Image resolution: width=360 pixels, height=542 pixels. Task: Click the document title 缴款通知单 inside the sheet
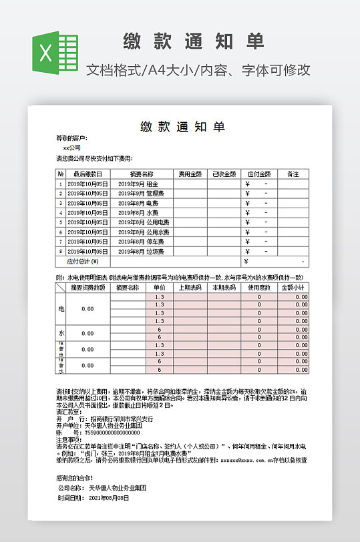tap(182, 126)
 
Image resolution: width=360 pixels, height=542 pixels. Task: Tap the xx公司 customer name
tap(72, 148)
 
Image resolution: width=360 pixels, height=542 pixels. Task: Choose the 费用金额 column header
tap(190, 174)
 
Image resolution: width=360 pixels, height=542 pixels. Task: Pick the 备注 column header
tap(293, 174)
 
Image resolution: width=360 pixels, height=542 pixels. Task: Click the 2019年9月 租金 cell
tap(138, 184)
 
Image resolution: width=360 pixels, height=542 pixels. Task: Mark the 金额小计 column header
tap(293, 288)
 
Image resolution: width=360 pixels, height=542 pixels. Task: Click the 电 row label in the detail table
tap(61, 309)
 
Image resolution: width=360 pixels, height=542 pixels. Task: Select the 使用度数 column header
tap(258, 288)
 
